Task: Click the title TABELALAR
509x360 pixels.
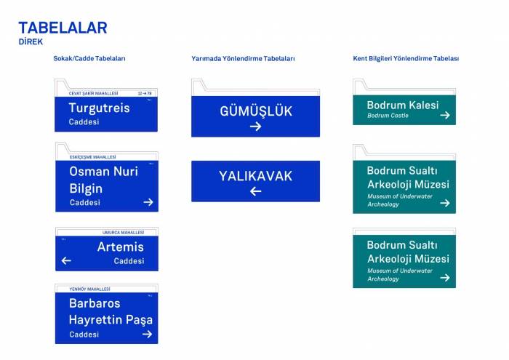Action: pyautogui.click(x=63, y=28)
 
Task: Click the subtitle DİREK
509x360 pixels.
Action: pyautogui.click(x=30, y=42)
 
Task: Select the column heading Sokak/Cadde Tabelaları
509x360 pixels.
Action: pyautogui.click(x=89, y=58)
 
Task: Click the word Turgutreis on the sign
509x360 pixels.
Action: pyautogui.click(x=99, y=108)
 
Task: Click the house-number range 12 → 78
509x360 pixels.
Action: pyautogui.click(x=145, y=94)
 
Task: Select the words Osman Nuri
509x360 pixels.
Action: pyautogui.click(x=103, y=172)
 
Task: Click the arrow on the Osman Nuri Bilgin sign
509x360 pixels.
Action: pyautogui.click(x=148, y=202)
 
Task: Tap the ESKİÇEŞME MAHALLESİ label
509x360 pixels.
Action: pyautogui.click(x=92, y=157)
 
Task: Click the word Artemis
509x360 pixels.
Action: pyautogui.click(x=120, y=247)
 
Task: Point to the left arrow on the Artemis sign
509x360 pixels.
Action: pyautogui.click(x=66, y=260)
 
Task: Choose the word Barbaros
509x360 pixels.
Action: pyautogui.click(x=95, y=303)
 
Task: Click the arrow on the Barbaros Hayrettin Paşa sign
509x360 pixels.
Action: pyautogui.click(x=148, y=335)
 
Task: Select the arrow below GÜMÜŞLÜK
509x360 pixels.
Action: pyautogui.click(x=255, y=127)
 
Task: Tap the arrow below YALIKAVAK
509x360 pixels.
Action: pyautogui.click(x=255, y=191)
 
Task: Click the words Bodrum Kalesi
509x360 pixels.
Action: pyautogui.click(x=403, y=105)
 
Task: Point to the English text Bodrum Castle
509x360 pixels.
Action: pyautogui.click(x=388, y=116)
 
